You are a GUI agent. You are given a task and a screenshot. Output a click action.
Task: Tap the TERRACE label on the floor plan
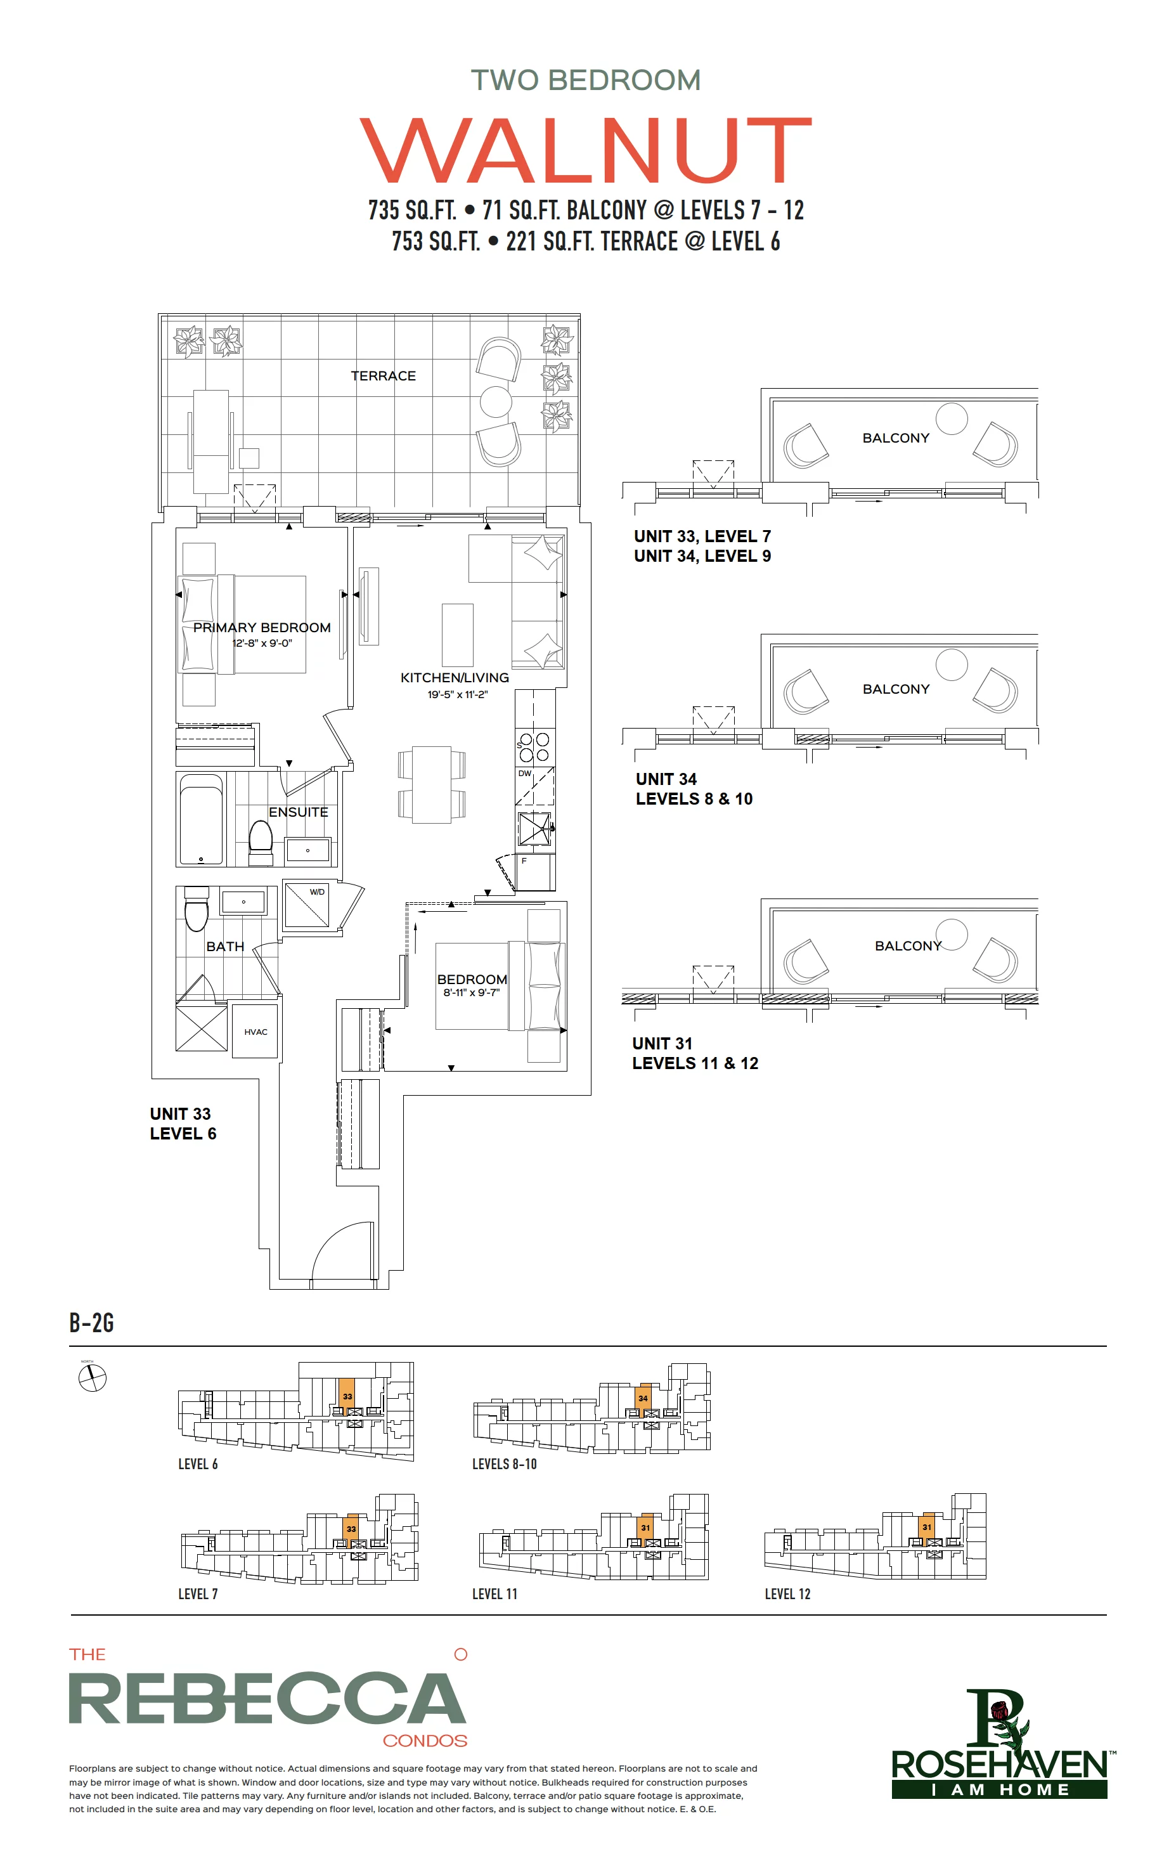383,375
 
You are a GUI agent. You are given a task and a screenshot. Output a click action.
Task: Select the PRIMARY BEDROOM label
262,628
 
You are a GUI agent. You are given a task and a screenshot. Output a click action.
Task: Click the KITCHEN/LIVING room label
455,677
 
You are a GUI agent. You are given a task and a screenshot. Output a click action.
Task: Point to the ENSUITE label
299,812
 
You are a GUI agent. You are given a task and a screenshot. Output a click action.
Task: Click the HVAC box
255,1032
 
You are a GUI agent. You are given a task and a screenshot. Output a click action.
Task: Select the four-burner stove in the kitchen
534,747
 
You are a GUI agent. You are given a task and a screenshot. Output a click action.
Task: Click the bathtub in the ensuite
201,819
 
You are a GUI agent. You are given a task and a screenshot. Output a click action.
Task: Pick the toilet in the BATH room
197,909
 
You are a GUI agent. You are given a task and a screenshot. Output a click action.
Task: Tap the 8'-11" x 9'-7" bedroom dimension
472,992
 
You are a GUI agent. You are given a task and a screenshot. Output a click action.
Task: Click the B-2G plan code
91,1323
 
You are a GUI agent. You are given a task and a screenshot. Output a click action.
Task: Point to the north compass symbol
93,1378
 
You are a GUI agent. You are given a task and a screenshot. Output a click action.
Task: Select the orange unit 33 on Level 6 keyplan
347,1396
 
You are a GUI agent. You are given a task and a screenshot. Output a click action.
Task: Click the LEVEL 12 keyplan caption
787,1594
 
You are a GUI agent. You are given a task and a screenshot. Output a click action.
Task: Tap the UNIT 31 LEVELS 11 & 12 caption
695,1053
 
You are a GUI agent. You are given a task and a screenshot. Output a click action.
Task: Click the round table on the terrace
496,401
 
